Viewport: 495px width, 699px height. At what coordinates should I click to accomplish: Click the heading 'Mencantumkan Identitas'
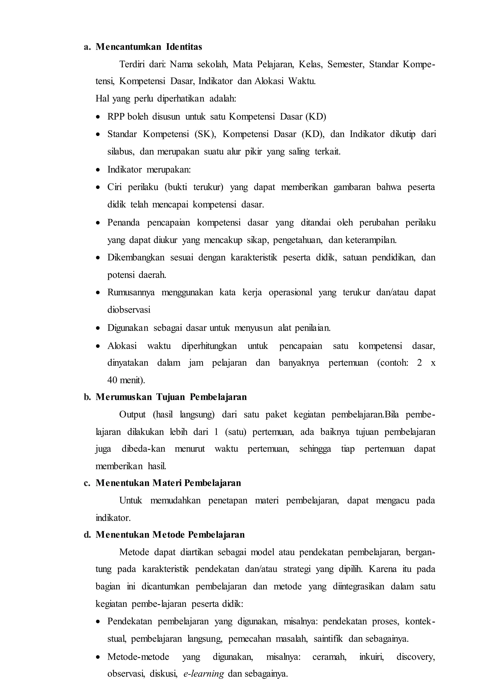[x=148, y=47]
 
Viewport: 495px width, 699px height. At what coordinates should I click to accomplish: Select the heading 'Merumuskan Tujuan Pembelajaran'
[x=171, y=397]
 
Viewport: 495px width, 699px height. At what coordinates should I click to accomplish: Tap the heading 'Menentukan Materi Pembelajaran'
[x=168, y=483]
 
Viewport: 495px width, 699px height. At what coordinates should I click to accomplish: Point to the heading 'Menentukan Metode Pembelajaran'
[x=170, y=535]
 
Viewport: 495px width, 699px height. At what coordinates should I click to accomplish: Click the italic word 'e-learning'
[x=204, y=674]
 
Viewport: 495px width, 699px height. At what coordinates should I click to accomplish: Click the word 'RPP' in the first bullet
[x=116, y=117]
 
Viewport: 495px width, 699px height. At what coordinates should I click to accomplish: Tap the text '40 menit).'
[x=126, y=380]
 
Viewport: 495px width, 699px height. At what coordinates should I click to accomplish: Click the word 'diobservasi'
[x=129, y=310]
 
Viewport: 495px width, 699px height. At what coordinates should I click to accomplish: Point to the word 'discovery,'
[x=415, y=657]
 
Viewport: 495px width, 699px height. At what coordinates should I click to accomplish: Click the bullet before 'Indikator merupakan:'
[x=98, y=170]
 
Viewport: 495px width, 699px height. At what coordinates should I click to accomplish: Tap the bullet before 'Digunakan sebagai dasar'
[x=98, y=329]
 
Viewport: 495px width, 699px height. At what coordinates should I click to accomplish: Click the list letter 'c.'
[x=87, y=483]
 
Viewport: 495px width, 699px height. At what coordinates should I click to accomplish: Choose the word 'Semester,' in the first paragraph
[x=346, y=64]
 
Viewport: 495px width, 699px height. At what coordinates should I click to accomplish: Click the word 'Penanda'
[x=124, y=223]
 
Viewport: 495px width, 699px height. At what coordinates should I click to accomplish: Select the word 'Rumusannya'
[x=131, y=293]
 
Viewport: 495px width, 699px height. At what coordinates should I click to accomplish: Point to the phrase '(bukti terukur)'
[x=194, y=187]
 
